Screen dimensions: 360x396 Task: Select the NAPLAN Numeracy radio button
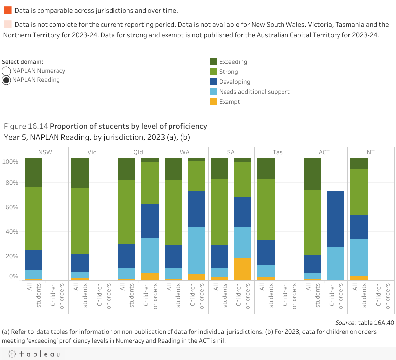point(7,71)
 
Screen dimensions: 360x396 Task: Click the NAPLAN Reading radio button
point(7,80)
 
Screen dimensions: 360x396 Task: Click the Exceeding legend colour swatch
point(213,62)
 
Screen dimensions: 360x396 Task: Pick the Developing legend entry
point(234,82)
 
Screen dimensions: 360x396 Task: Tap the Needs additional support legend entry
point(254,92)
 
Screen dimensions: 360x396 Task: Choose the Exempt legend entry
point(229,102)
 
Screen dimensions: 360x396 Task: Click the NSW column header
point(45,152)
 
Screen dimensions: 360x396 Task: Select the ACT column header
point(324,152)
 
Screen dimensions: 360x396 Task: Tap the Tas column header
point(277,152)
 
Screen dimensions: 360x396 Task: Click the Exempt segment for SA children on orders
point(243,269)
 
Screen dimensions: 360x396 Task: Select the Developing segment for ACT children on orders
point(336,219)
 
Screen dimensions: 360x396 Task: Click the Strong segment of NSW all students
point(33,218)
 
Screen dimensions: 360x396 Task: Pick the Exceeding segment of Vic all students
point(80,173)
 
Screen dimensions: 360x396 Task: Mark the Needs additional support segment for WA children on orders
point(196,250)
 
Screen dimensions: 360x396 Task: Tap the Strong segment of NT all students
point(359,191)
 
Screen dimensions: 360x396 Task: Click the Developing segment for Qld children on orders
point(150,221)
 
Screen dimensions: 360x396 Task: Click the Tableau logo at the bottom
point(33,354)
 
